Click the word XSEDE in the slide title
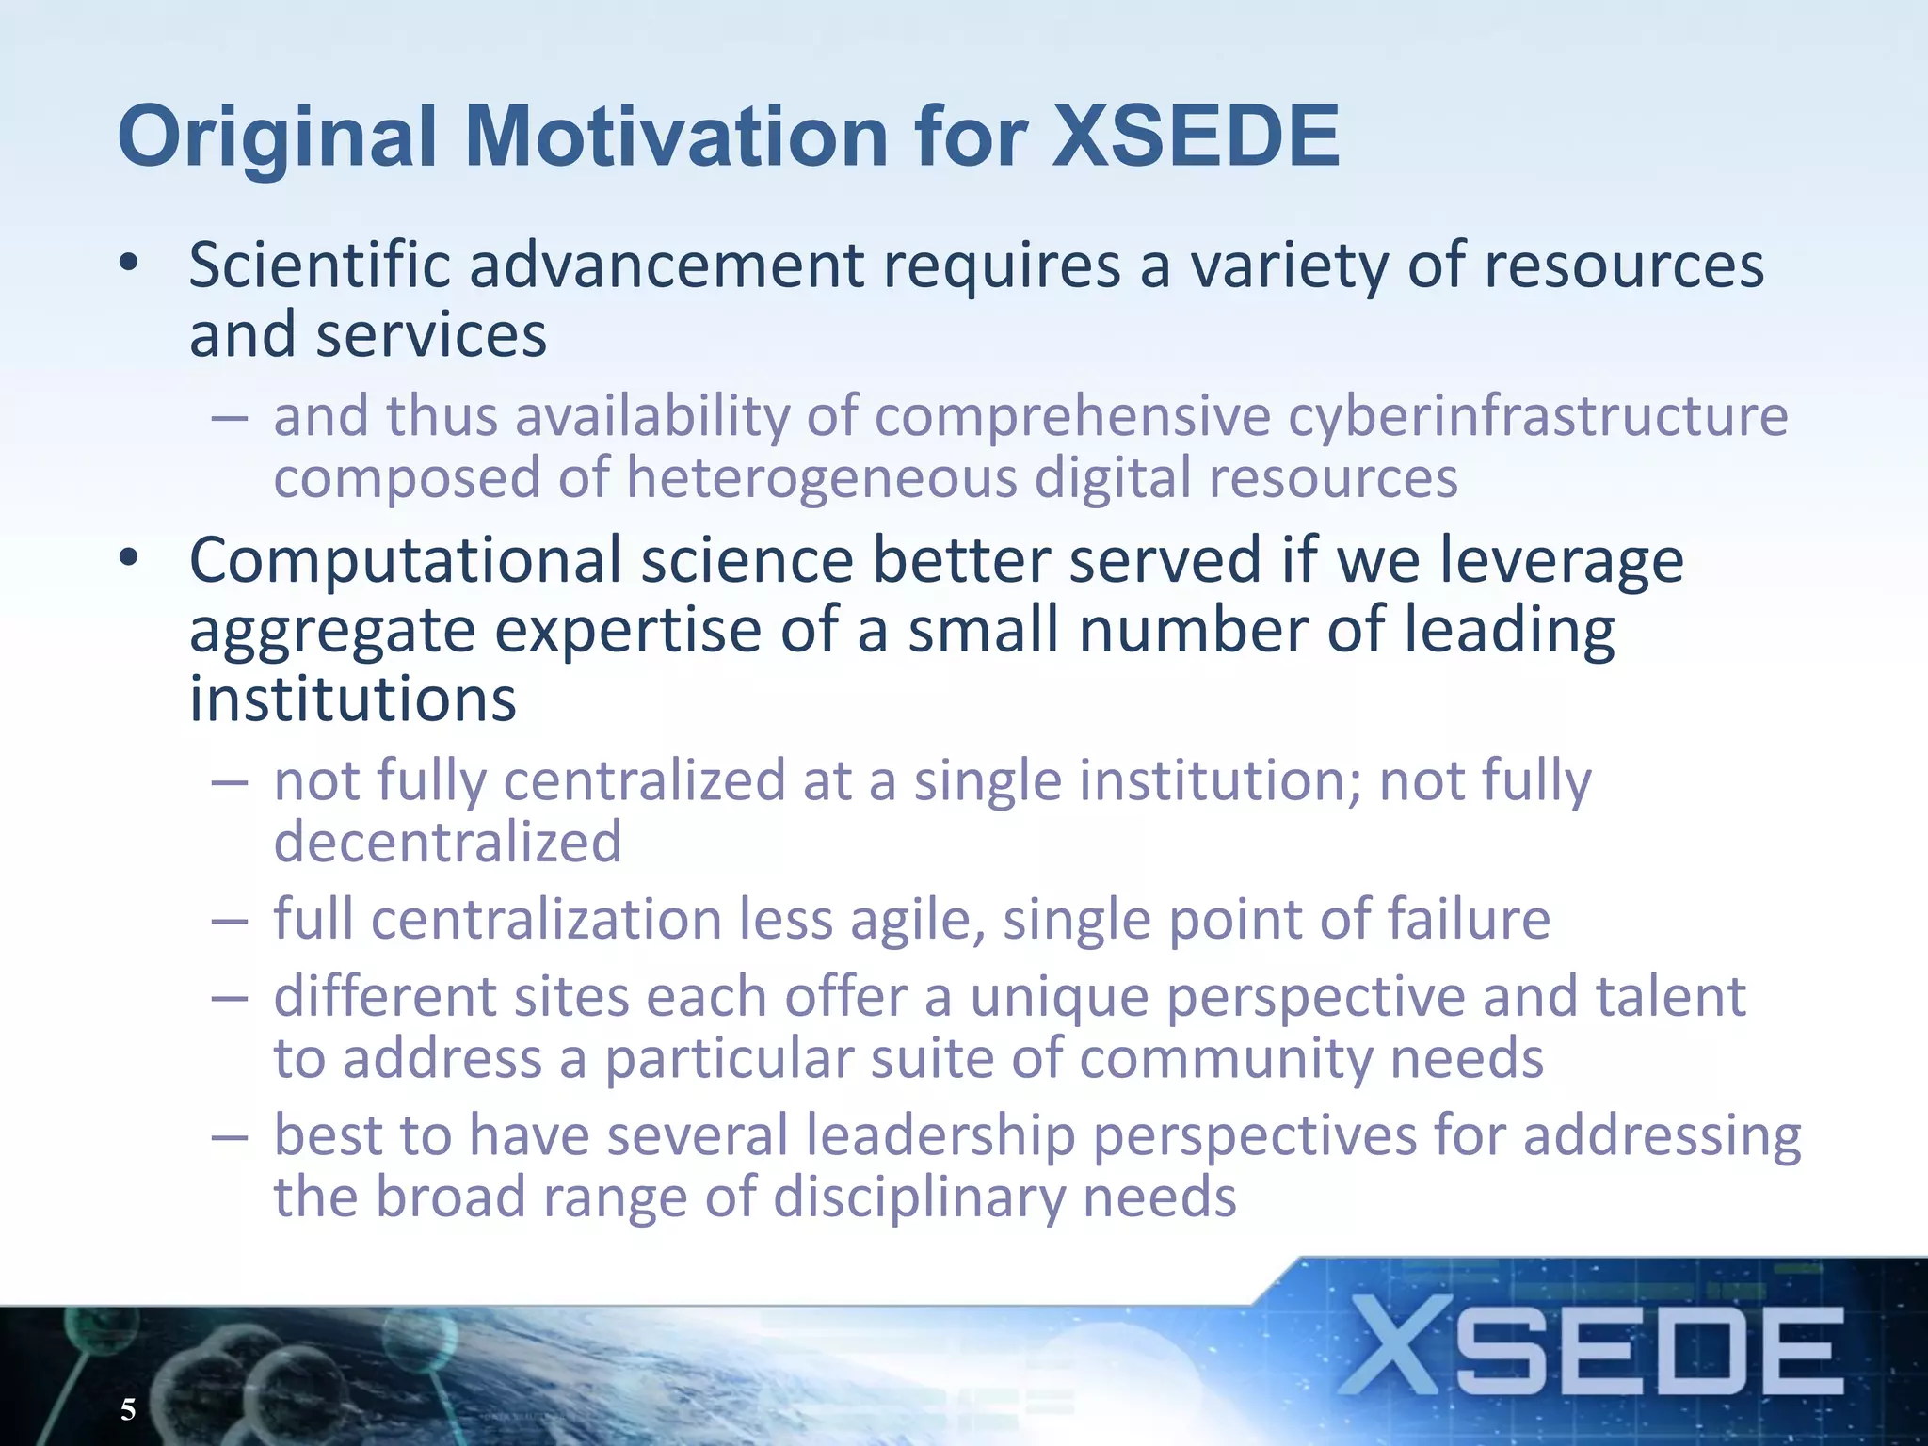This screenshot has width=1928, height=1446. (1196, 137)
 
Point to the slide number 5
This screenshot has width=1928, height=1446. (128, 1409)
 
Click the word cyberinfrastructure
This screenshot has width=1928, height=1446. (1537, 416)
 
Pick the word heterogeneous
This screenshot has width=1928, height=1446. (821, 478)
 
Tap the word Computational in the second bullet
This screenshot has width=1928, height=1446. (406, 561)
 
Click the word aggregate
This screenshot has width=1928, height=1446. (332, 631)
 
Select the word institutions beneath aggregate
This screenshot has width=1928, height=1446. (353, 699)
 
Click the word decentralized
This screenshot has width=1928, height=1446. (447, 842)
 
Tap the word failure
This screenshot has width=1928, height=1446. (1468, 920)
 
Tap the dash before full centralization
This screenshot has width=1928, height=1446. (229, 921)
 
